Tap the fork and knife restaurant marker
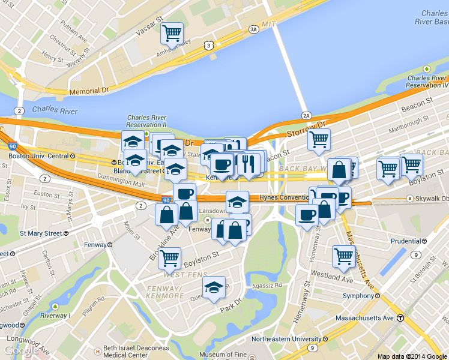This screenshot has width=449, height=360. pyautogui.click(x=248, y=163)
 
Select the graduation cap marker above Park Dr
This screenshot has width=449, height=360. pyautogui.click(x=214, y=287)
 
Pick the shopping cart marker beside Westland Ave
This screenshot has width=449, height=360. pyautogui.click(x=344, y=256)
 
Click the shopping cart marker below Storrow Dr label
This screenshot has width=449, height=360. pyautogui.click(x=319, y=140)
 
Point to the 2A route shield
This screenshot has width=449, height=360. pyautogui.click(x=307, y=116)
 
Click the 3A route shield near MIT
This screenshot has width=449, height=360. pyautogui.click(x=254, y=29)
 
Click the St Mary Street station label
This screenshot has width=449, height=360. pyautogui.click(x=41, y=233)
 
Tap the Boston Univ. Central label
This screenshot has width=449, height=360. pyautogui.click(x=38, y=156)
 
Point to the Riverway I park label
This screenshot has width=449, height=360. pyautogui.click(x=54, y=316)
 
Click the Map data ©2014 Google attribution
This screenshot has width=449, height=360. pyautogui.click(x=412, y=356)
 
